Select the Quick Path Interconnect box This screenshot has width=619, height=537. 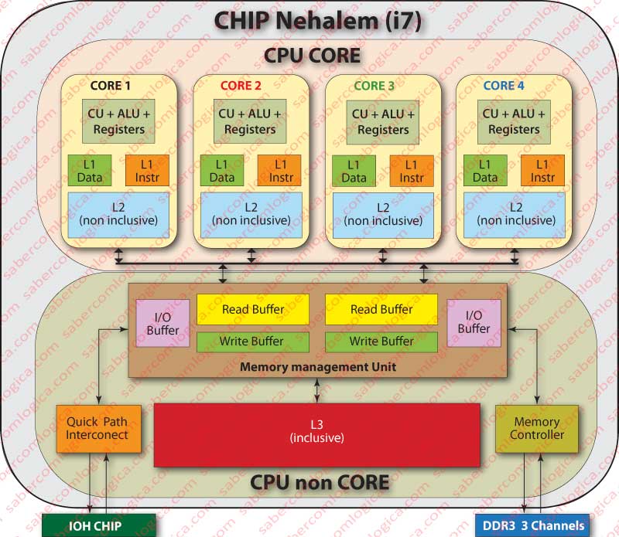(x=97, y=428)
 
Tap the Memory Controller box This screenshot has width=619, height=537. (x=536, y=428)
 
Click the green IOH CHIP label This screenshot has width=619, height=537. (x=90, y=526)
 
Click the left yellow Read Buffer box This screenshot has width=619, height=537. (x=253, y=309)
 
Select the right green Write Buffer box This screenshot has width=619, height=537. (x=381, y=341)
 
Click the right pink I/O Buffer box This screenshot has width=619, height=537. (x=473, y=322)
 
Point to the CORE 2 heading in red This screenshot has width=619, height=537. (x=241, y=85)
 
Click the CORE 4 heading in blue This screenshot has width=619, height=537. (x=504, y=85)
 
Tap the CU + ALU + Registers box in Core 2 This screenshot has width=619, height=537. (x=249, y=122)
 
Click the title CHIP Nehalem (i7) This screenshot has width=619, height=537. (x=317, y=21)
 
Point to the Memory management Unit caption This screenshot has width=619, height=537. (x=317, y=367)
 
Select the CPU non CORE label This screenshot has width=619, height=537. (x=320, y=483)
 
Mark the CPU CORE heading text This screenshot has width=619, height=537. (x=313, y=56)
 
